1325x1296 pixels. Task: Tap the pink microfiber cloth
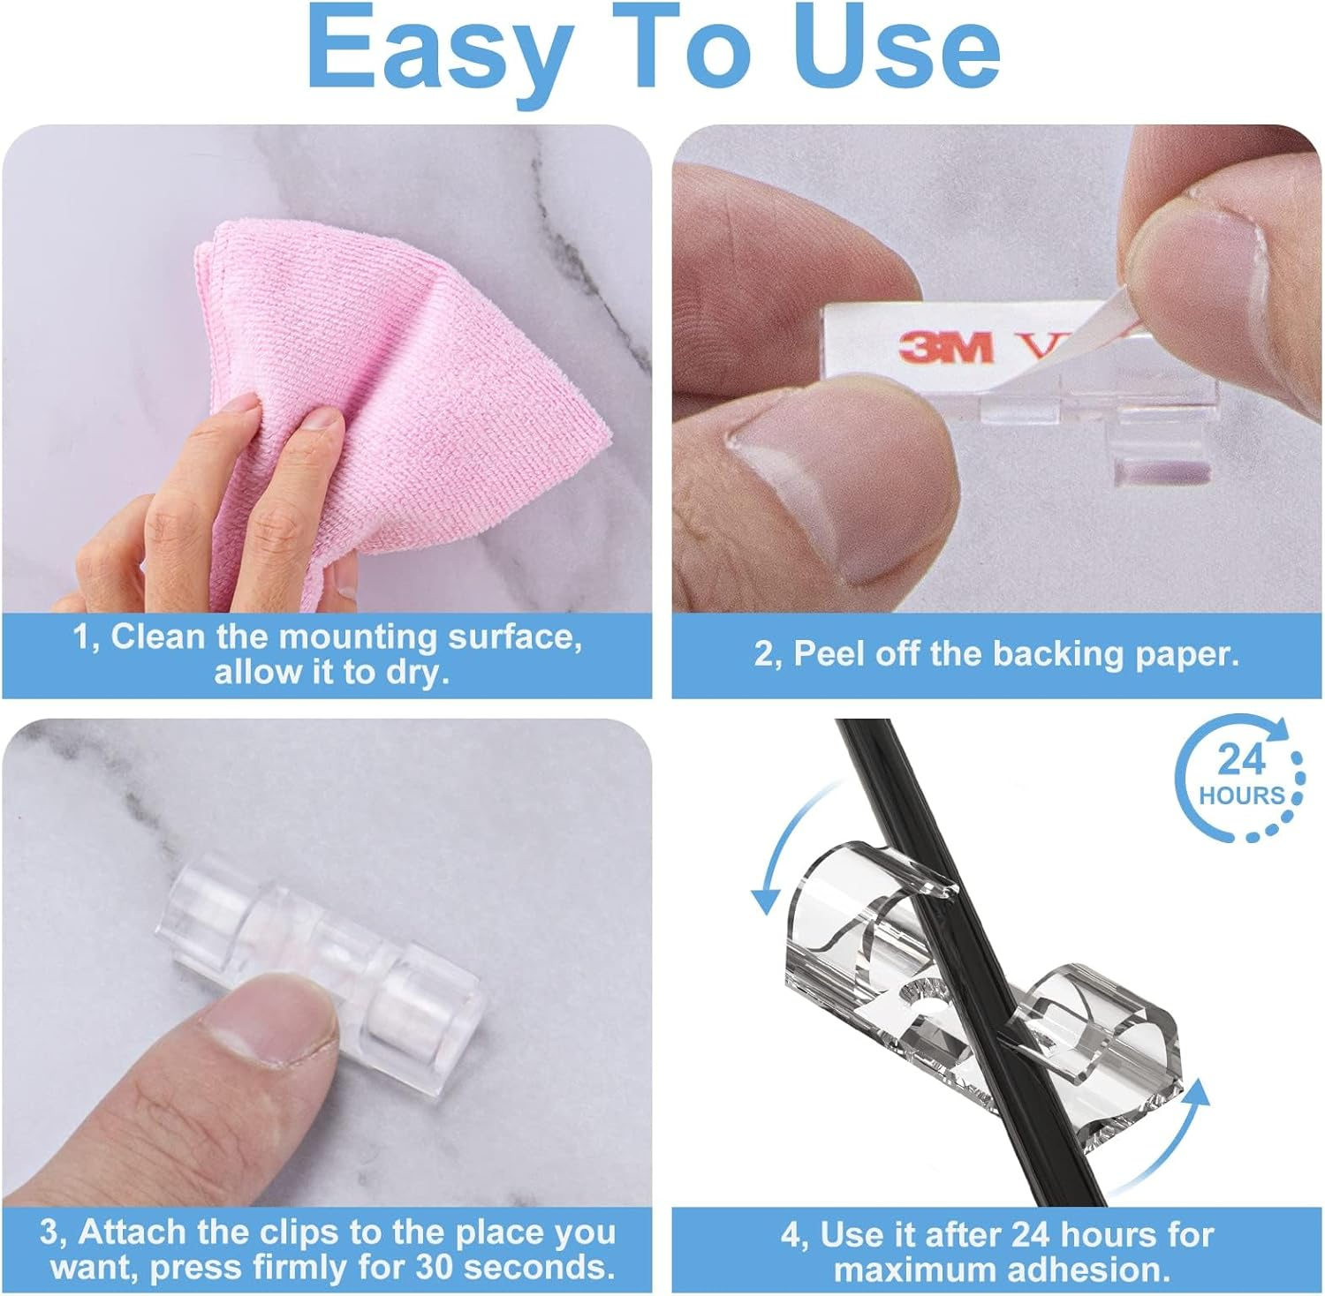coord(406,371)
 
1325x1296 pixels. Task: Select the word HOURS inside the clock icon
coord(1241,795)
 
